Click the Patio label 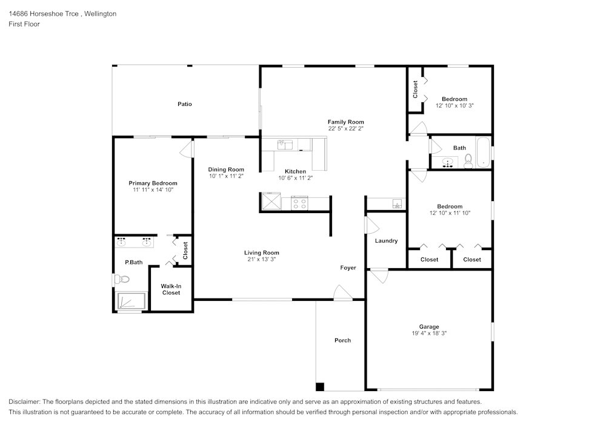184,104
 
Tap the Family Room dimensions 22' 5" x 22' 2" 346,128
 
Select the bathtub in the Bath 483,153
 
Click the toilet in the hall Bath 468,161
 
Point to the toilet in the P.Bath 122,279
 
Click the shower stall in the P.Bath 132,301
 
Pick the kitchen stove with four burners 299,203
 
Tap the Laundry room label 386,241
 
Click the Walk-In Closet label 171,289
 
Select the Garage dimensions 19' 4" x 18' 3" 429,333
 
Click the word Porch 342,340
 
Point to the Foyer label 348,268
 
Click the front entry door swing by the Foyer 342,292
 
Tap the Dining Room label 226,170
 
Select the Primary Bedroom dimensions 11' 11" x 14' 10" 153,190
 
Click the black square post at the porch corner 319,387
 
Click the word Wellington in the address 100,14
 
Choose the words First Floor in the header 24,24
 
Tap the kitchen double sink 285,145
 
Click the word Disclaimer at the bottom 24,402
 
